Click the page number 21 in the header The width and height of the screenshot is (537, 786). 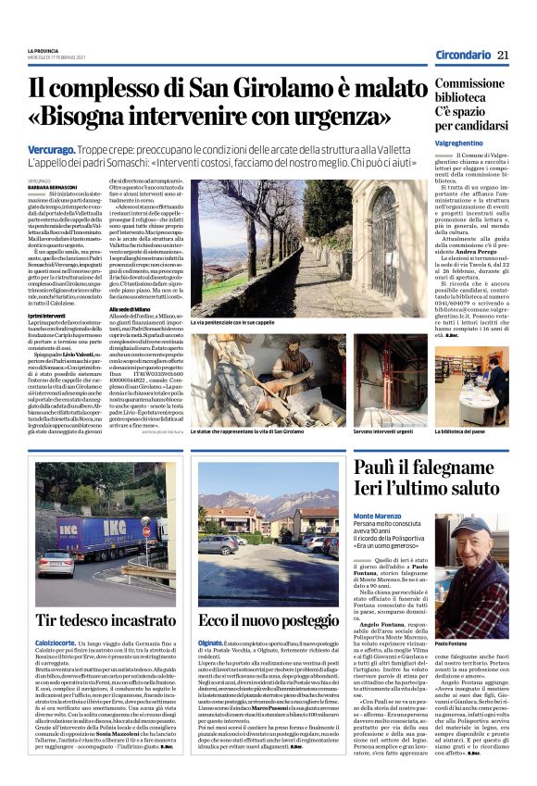(503, 56)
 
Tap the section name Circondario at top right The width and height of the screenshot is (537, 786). (465, 56)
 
